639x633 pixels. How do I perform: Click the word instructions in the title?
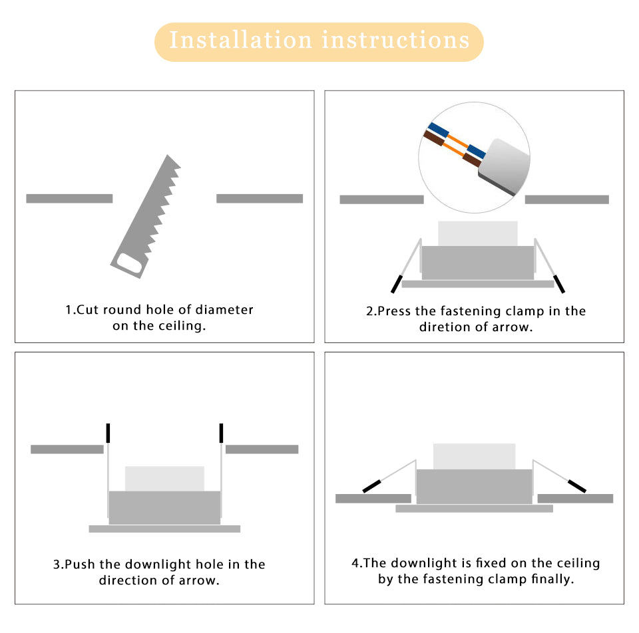(396, 41)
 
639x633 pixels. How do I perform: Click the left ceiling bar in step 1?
(69, 198)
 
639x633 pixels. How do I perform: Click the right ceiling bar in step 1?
(260, 198)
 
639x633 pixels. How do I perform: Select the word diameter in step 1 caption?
(224, 310)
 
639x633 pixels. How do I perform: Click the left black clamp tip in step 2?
(397, 283)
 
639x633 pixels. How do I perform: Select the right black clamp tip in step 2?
(559, 283)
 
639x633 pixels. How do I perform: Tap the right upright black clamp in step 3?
(221, 433)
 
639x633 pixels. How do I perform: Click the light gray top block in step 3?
(164, 478)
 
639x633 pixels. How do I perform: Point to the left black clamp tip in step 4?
(372, 486)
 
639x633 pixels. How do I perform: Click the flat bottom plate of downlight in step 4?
(474, 509)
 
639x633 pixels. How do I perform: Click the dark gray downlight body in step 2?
(477, 263)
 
